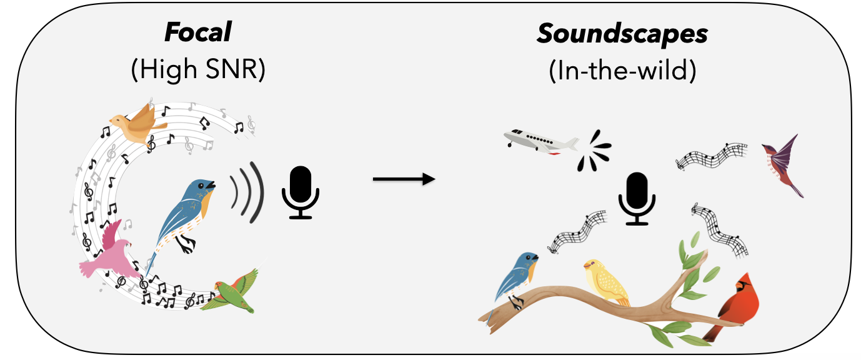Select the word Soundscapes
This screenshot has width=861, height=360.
622,34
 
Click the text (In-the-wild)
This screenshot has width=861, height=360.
622,71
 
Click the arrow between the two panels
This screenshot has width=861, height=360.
403,180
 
